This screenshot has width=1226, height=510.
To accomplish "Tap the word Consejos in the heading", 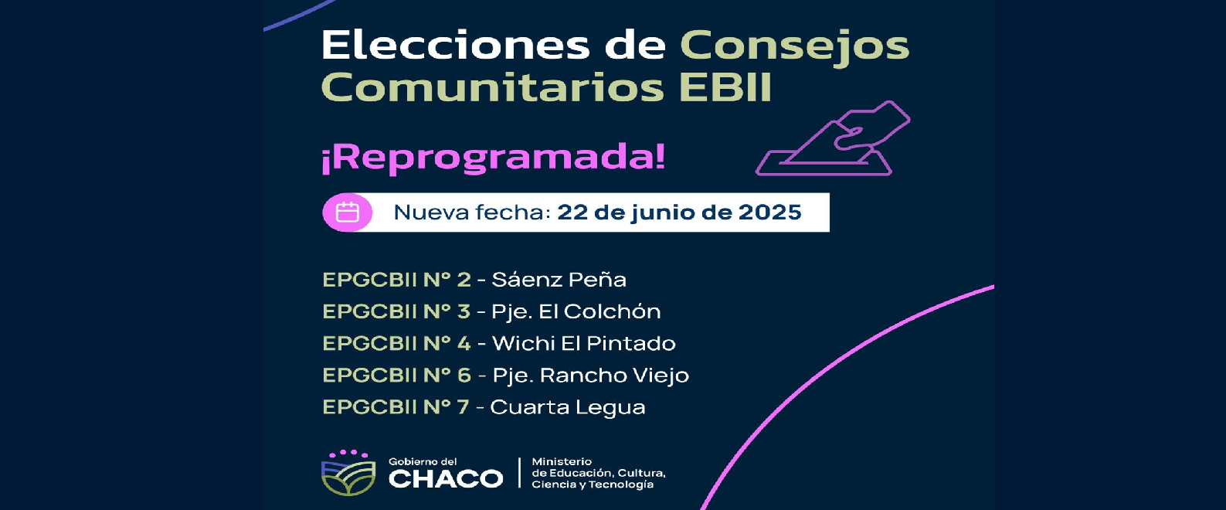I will [x=794, y=46].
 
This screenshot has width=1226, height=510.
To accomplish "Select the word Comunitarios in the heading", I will [x=492, y=87].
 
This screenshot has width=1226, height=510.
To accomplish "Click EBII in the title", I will [x=725, y=87].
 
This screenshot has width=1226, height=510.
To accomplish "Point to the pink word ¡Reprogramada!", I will [x=493, y=158].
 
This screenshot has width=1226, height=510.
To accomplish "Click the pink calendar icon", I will [x=348, y=212].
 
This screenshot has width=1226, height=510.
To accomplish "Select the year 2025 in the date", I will [x=769, y=212].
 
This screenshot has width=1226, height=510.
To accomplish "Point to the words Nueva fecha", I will [x=472, y=212].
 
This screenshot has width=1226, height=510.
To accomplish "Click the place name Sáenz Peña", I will [x=559, y=280].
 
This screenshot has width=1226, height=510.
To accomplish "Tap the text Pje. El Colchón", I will [x=576, y=311].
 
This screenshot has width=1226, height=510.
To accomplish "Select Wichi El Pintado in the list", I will [x=583, y=343].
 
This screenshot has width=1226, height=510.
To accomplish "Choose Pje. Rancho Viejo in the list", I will [x=590, y=376].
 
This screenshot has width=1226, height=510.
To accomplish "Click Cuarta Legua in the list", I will [x=567, y=407].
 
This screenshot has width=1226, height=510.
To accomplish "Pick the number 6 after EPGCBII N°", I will [x=464, y=376].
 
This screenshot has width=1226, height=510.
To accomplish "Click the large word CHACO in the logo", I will [x=445, y=479].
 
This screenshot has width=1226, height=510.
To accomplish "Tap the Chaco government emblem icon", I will [x=348, y=473].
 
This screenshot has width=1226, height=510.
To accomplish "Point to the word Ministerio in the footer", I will [x=562, y=461].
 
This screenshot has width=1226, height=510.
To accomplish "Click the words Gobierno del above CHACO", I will [x=423, y=461].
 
